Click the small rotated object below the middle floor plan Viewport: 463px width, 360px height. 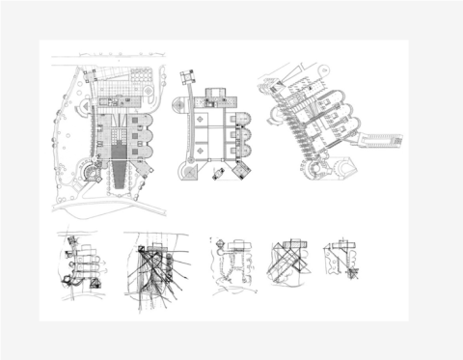point(220,172)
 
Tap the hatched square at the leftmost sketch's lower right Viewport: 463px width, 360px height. point(95,282)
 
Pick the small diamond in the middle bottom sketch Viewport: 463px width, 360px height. point(221,241)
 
